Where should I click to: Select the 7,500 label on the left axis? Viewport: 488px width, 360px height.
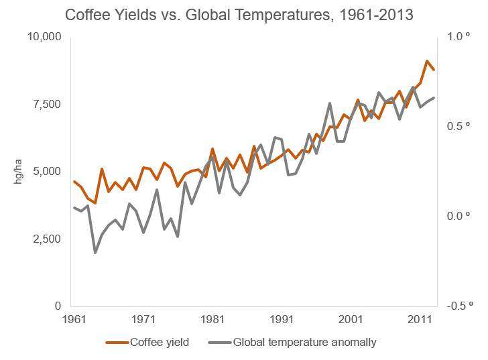pos(48,104)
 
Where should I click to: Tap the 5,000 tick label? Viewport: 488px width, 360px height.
pos(48,171)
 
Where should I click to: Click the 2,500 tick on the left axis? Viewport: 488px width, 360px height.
pos(48,239)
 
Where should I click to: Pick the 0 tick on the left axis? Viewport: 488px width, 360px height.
pos(59,306)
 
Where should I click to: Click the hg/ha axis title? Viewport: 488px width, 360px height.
pos(19,172)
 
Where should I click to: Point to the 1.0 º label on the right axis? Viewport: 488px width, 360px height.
pos(456,36)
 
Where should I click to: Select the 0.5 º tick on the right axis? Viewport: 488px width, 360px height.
pos(456,126)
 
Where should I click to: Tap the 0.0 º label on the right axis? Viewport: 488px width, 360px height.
pos(456,216)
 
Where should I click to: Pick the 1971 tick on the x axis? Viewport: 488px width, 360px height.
pos(143,318)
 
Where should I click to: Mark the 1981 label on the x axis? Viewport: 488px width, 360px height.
pos(212,318)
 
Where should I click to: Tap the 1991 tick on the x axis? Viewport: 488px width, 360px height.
pos(282,318)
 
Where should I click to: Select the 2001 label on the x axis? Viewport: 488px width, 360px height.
pos(351,318)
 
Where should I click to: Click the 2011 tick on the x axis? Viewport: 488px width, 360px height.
pos(420,318)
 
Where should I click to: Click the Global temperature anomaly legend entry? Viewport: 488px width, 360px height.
pos(292,343)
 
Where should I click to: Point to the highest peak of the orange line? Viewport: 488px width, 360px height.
pos(427,61)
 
